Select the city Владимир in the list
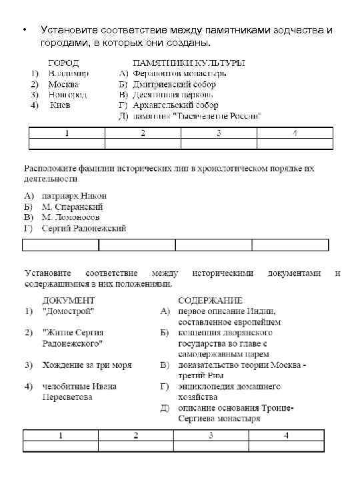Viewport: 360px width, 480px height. (x=70, y=73)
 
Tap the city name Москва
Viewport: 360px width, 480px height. (x=64, y=84)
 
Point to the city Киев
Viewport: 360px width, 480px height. (x=61, y=105)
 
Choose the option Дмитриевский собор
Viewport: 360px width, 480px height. (x=175, y=84)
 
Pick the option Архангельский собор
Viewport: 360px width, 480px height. (x=176, y=105)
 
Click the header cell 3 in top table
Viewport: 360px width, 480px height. (x=219, y=133)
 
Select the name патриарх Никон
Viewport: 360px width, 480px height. (x=73, y=196)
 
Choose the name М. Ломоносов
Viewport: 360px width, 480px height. (x=71, y=217)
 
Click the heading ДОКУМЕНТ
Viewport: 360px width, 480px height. (x=69, y=301)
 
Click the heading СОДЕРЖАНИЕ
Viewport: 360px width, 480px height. (x=210, y=301)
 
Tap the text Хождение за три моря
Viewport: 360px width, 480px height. (x=87, y=365)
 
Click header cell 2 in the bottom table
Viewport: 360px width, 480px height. (x=135, y=435)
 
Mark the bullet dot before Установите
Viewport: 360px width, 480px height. (x=24, y=31)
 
